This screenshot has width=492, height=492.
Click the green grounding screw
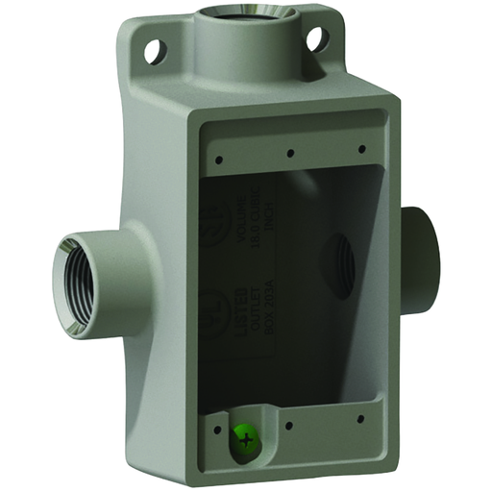click(x=248, y=441)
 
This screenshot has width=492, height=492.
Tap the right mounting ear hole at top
click(x=315, y=39)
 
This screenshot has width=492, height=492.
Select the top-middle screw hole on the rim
click(x=289, y=152)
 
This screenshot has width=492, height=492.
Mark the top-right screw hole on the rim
click(x=360, y=148)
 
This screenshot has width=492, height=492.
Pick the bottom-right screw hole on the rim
click(x=357, y=419)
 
